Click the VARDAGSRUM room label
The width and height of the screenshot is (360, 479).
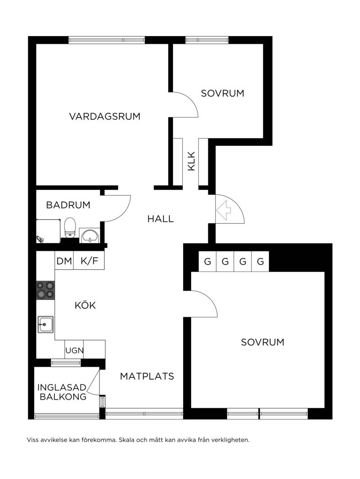105,117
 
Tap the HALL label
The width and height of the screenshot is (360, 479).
161,219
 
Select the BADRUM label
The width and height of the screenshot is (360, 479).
68,205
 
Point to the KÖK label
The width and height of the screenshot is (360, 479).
85,305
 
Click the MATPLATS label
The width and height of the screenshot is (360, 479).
147,376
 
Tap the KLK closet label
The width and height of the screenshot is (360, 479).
191,161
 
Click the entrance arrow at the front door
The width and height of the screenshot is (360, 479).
224,210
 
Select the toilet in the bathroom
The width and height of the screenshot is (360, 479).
70,228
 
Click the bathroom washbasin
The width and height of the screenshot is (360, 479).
89,235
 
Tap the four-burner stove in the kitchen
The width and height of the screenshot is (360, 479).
45,290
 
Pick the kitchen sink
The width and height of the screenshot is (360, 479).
45,325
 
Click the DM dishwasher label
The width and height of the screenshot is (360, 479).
64,261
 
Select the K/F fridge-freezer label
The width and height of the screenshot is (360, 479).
90,261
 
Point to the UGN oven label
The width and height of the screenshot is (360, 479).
74,350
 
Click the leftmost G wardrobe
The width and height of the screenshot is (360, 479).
207,262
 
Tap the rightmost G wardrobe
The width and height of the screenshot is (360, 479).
261,262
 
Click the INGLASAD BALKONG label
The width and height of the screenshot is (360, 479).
62,392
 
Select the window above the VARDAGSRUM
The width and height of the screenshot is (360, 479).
107,40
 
